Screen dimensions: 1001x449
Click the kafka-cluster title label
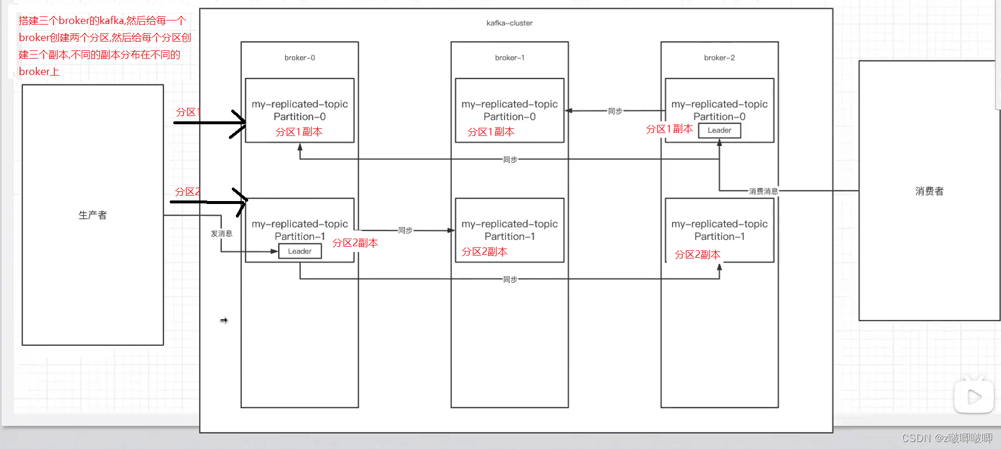[509, 23]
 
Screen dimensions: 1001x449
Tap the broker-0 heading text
[300, 58]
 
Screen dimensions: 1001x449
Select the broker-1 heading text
[509, 58]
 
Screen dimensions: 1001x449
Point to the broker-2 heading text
[719, 58]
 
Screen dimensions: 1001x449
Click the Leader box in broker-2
[719, 130]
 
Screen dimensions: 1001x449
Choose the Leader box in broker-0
[300, 251]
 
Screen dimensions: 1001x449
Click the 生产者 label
[92, 215]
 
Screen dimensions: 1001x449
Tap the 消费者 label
[930, 191]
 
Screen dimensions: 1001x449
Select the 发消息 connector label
[222, 234]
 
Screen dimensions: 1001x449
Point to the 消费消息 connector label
[763, 191]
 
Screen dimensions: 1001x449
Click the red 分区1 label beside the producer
[188, 112]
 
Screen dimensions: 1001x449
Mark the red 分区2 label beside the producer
[188, 192]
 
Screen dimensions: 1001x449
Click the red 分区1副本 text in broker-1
[491, 132]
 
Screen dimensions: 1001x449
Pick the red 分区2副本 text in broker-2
[698, 255]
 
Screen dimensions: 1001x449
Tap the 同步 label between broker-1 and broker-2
[615, 111]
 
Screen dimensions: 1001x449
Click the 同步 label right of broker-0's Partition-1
[405, 230]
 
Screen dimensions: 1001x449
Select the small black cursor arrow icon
[224, 321]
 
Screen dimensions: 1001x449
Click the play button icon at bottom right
[974, 396]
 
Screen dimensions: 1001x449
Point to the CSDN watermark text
[947, 438]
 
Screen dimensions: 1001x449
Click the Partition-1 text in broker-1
[509, 236]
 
